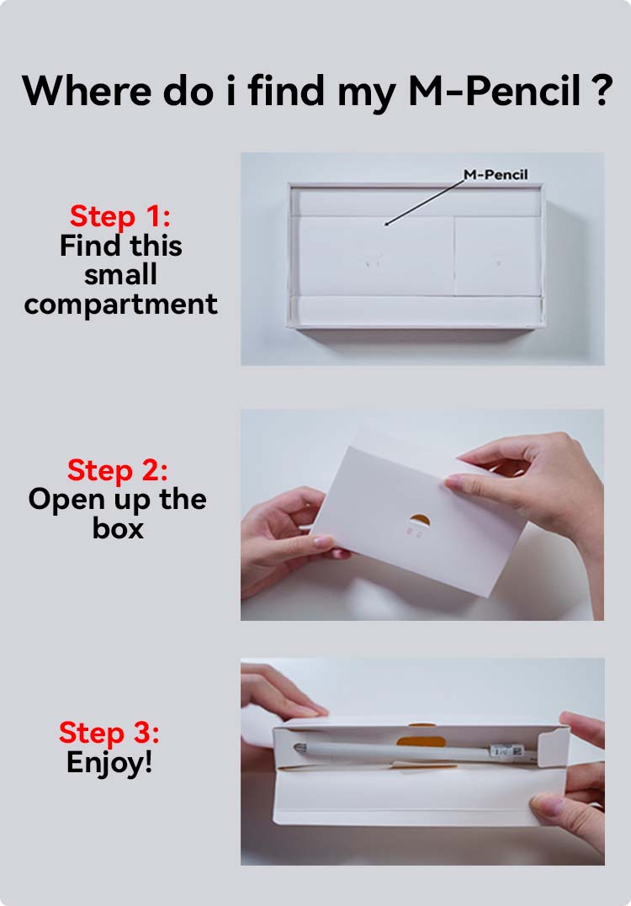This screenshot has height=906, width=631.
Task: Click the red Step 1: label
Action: point(120,217)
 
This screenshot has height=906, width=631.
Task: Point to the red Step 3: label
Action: point(109,732)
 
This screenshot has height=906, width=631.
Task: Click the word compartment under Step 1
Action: point(121,304)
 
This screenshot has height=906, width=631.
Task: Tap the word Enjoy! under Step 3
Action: point(109,761)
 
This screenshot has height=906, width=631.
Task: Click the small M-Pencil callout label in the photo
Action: point(496,174)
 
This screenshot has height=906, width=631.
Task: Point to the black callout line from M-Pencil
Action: point(425,202)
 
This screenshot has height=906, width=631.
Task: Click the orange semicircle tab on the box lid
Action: point(420,520)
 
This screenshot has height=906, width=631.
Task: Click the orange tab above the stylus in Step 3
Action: point(422,741)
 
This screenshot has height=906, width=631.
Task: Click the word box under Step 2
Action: point(118,527)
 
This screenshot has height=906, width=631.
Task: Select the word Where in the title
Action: point(87,91)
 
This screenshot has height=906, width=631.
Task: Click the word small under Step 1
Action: point(121,274)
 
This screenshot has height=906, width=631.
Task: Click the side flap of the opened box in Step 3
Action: point(553,747)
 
